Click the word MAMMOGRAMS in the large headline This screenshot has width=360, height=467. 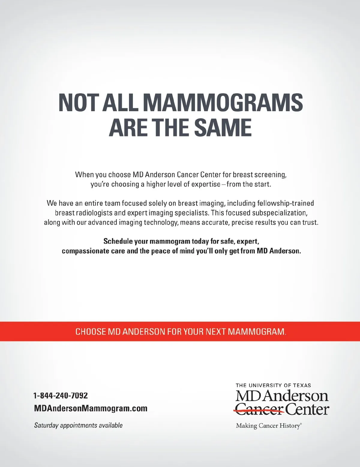tap(223, 103)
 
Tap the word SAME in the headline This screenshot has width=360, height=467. tap(223, 127)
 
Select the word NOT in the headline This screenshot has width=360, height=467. tap(78, 103)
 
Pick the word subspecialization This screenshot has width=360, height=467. tap(280, 213)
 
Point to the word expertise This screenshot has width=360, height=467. tap(206, 184)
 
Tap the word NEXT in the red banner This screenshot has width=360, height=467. tap(216, 332)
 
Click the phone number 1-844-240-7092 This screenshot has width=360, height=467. tap(61, 396)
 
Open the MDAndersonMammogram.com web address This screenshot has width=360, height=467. tap(91, 408)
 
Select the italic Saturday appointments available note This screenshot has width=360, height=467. tap(78, 425)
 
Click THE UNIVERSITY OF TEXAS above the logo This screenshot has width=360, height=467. tap(273, 385)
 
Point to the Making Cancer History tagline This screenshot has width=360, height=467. tap(268, 426)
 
